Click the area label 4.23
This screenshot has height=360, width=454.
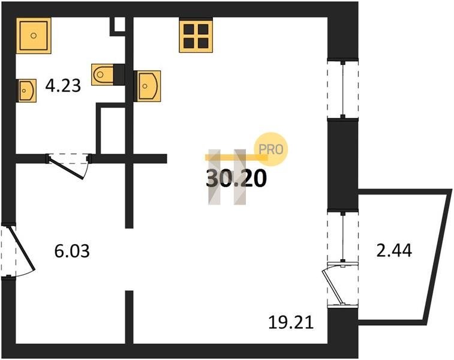click(63, 85)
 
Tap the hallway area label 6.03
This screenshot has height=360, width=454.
click(72, 251)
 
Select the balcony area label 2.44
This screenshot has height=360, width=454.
click(394, 251)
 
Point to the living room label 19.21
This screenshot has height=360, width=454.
click(291, 322)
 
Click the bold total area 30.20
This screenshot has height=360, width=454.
click(236, 178)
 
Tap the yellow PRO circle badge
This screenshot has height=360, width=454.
click(270, 149)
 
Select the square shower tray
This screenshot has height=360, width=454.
click(34, 35)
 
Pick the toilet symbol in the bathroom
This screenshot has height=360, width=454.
click(102, 74)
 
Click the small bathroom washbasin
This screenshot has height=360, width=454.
click(27, 91)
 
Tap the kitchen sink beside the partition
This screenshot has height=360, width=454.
click(148, 86)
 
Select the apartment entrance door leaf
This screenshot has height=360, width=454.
click(22, 249)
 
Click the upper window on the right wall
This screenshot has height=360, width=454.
click(343, 88)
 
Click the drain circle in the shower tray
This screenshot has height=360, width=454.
click(34, 35)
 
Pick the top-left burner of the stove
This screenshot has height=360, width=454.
click(189, 29)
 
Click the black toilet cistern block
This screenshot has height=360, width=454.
click(119, 74)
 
